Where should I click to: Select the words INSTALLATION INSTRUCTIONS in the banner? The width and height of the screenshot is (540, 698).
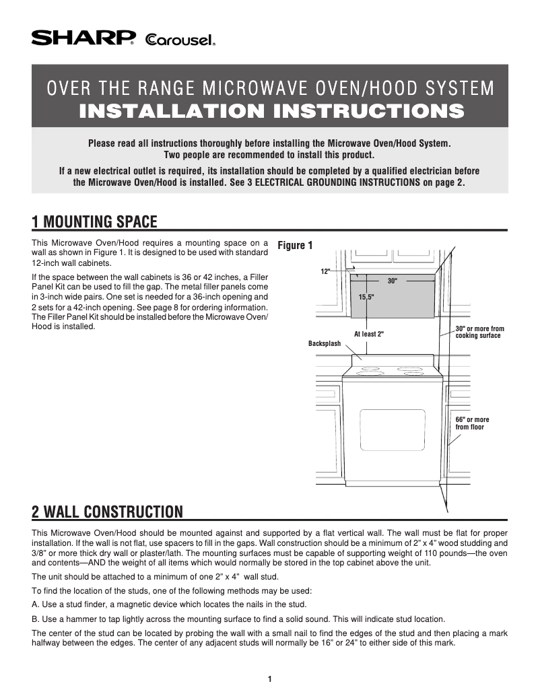(x=271, y=111)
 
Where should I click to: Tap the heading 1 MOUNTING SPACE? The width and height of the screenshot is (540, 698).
(x=94, y=222)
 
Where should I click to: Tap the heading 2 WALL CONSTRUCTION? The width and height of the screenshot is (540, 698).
(x=107, y=512)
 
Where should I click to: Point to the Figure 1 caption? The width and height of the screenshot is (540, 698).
(x=295, y=246)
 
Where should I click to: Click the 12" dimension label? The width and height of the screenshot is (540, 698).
(x=325, y=271)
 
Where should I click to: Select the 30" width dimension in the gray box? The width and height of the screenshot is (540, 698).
(x=392, y=280)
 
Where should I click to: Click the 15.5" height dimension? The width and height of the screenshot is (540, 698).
(x=366, y=296)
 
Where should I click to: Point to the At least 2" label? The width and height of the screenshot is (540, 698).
(x=368, y=334)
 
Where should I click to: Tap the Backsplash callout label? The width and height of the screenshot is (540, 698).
(x=325, y=343)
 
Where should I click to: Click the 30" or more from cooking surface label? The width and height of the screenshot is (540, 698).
(x=479, y=333)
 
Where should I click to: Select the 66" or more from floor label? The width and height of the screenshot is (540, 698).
(x=472, y=423)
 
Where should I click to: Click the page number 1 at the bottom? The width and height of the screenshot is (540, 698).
(x=269, y=678)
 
